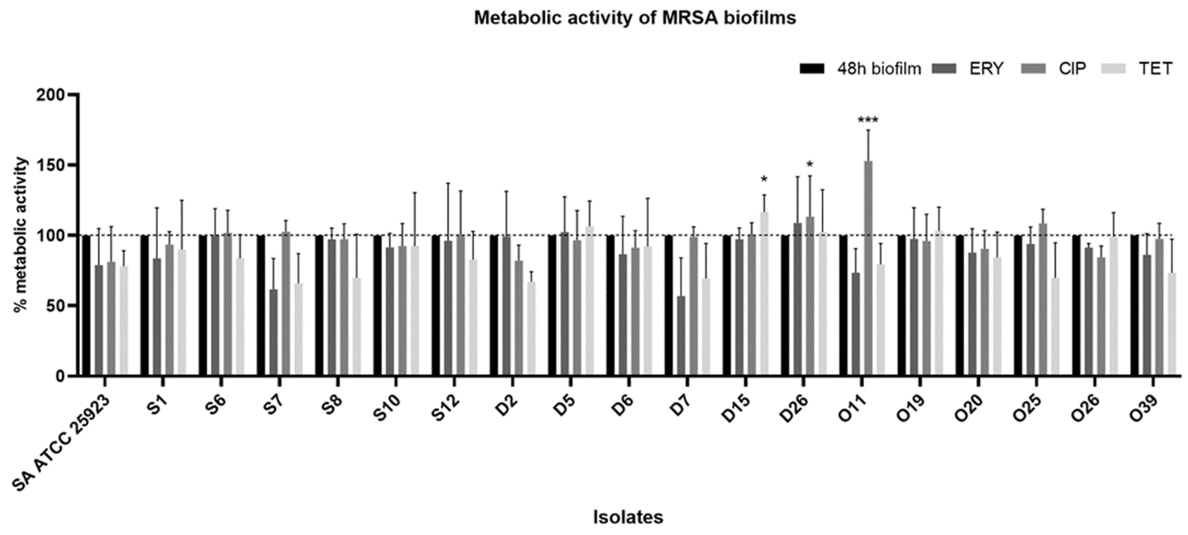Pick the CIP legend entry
point(1072,69)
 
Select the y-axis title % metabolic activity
point(21,235)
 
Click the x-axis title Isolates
point(628,517)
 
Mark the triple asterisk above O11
point(868,121)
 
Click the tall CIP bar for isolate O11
point(868,267)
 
